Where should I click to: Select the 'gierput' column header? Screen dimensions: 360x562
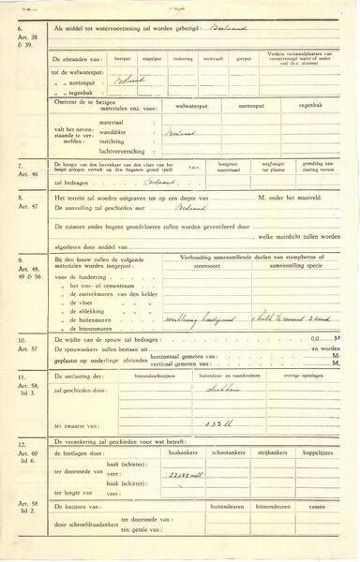244,56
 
